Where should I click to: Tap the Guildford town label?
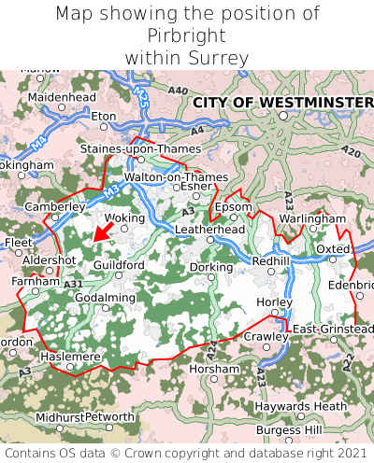point(119,265)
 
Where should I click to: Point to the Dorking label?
point(211,267)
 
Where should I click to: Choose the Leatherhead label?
point(209,229)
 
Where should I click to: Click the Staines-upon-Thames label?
point(135,149)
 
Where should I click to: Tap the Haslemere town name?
point(69,357)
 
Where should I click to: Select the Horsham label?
point(214,369)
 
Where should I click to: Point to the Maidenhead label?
point(62,96)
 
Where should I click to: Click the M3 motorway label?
point(110,190)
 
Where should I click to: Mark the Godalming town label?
point(105,298)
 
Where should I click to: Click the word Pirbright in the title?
point(187,35)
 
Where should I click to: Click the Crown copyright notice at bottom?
point(187,453)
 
